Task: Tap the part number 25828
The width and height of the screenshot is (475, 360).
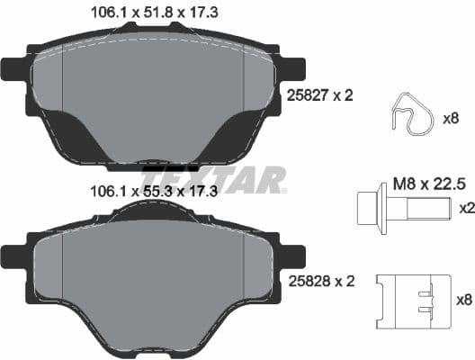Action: pyautogui.click(x=307, y=281)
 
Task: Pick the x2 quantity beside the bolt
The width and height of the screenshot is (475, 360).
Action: pyautogui.click(x=466, y=208)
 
